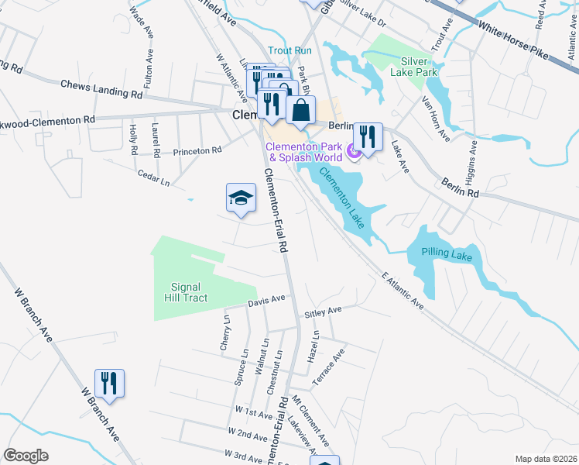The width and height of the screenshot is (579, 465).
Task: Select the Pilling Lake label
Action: [x=447, y=253]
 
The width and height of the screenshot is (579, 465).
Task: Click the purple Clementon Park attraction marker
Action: [x=355, y=153]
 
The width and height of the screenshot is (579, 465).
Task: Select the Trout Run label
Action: [x=289, y=50]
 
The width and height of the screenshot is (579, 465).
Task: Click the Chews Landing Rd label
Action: [x=101, y=89]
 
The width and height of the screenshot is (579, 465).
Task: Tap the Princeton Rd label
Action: [x=197, y=151]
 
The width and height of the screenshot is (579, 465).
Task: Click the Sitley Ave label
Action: [x=323, y=310]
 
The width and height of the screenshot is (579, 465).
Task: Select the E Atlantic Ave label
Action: [x=403, y=291]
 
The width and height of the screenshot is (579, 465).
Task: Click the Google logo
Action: [x=26, y=456]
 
